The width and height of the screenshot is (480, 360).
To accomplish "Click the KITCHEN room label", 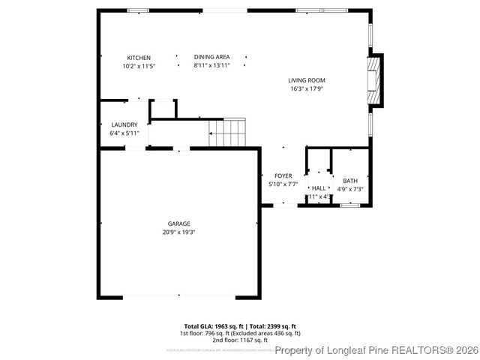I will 139,58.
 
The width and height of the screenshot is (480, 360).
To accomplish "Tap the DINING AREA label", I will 211,57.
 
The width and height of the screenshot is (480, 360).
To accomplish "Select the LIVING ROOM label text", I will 307,80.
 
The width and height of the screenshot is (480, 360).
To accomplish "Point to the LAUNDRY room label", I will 124,124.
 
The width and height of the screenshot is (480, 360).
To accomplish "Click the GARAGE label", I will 178,223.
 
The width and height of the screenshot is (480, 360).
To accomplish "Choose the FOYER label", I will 283,175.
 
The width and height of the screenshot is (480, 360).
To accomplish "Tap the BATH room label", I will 350,181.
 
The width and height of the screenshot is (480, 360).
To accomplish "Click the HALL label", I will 319,188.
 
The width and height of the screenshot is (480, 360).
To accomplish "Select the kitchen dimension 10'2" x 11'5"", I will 139,66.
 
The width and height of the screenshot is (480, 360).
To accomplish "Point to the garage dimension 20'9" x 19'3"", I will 178,232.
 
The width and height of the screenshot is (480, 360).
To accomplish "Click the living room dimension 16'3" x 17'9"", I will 307,88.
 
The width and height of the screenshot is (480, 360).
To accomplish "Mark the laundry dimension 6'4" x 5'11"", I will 124,133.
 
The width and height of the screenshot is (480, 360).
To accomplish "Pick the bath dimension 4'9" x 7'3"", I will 350,189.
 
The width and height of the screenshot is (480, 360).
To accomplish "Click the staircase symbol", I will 227,132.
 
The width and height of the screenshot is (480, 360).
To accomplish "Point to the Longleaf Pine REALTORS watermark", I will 376,350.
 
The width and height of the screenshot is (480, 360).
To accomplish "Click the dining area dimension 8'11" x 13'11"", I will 211,66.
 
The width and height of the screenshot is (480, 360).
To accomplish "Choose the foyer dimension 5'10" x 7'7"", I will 283,184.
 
